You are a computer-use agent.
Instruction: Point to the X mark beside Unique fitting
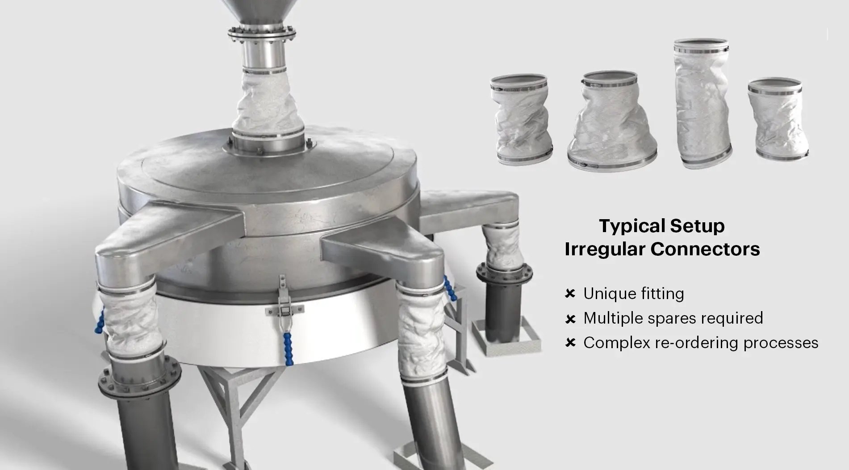tap(570, 294)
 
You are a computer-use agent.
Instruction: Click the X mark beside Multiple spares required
tap(570, 319)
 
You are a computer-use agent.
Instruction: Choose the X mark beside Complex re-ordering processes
tap(570, 343)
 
